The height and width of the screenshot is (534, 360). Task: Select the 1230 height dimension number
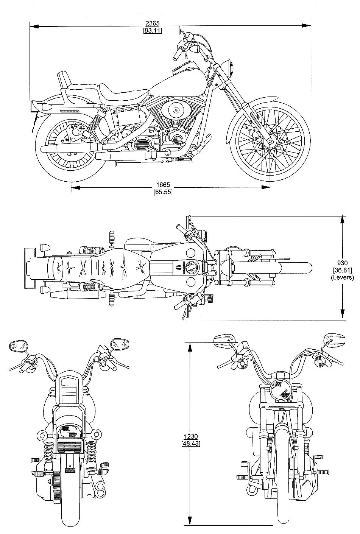(x=191, y=436)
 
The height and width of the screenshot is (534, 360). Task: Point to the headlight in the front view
(x=281, y=390)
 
